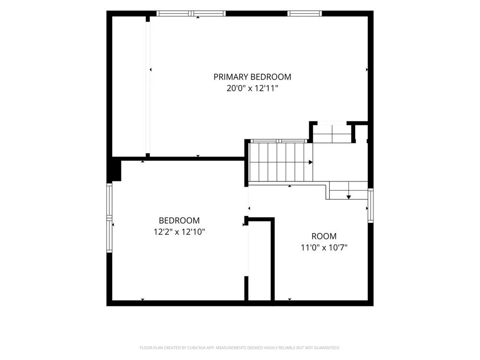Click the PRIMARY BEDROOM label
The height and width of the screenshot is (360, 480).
[252, 77]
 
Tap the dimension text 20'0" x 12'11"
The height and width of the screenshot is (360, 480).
[252, 88]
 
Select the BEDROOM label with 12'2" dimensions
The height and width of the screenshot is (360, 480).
[179, 220]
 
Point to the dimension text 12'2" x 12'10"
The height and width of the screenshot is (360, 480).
[179, 232]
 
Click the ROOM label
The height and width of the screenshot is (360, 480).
[324, 236]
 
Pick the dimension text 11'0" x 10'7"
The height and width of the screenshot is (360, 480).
[324, 247]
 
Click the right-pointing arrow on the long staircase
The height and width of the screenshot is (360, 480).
[311, 162]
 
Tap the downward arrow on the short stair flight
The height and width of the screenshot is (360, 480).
[348, 197]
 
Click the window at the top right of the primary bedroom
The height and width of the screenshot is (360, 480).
[305, 13]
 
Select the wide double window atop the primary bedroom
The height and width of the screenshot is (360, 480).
[191, 13]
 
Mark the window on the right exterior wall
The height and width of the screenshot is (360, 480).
[371, 205]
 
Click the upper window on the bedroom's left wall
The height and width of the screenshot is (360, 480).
[109, 200]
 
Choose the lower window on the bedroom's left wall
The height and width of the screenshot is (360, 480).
[109, 235]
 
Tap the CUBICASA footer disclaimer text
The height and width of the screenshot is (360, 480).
[240, 348]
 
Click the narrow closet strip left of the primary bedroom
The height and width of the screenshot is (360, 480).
[129, 86]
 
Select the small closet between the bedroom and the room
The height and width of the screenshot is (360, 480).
[260, 260]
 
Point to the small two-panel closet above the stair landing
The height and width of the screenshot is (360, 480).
[332, 133]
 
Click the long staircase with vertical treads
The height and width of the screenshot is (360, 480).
[280, 162]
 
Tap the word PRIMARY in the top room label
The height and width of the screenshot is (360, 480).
[231, 77]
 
